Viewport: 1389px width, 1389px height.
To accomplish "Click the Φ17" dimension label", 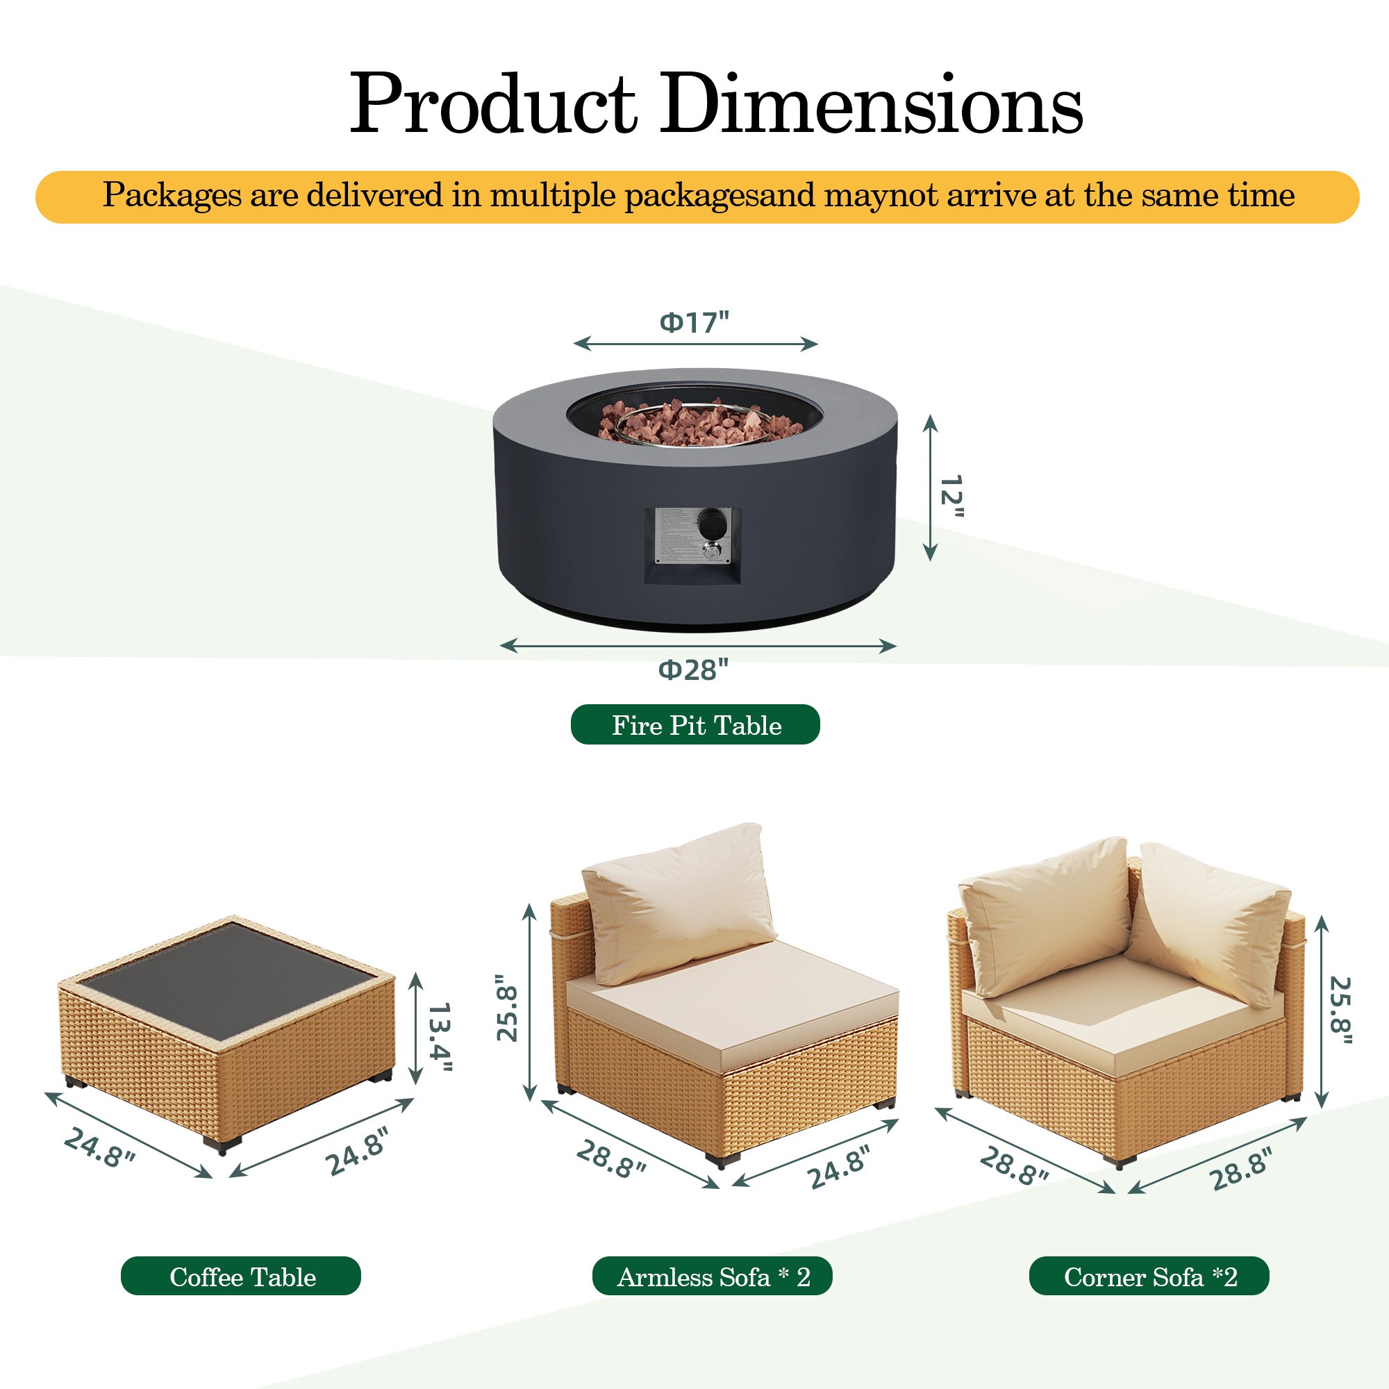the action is tap(694, 322).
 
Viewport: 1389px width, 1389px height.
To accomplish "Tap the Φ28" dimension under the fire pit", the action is tap(694, 670).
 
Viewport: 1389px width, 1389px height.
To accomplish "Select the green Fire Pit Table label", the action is tap(695, 724).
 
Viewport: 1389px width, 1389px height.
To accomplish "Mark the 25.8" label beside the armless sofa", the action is tap(508, 1008).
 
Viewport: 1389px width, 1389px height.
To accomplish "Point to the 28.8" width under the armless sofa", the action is tap(611, 1161).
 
